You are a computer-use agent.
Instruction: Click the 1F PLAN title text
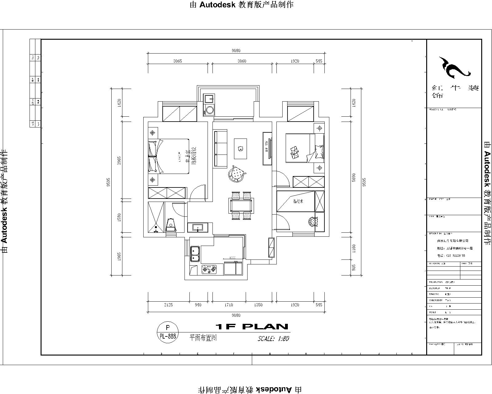tap(251, 327)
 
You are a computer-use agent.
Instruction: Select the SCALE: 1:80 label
tap(273, 339)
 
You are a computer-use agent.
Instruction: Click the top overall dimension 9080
tap(236, 50)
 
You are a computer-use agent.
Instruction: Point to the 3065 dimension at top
tap(177, 61)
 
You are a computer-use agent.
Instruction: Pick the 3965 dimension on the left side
tap(119, 160)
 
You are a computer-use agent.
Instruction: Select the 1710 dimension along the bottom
tap(228, 305)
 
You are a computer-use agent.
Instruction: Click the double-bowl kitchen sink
tap(195, 254)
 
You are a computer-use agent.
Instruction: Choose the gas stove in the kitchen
tap(209, 270)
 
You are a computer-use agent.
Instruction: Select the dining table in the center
tap(242, 205)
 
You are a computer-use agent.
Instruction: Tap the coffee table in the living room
tap(240, 149)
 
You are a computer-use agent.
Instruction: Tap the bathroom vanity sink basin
tap(197, 228)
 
